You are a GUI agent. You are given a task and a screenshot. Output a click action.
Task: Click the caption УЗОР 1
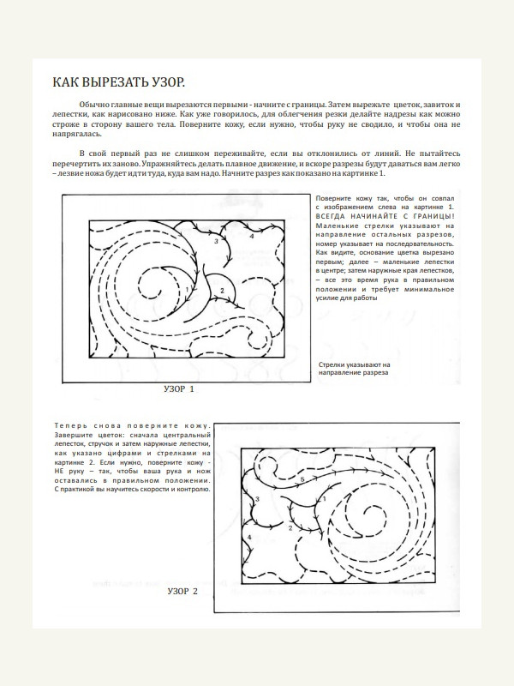point(179,389)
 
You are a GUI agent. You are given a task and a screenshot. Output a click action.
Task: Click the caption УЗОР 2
point(182,592)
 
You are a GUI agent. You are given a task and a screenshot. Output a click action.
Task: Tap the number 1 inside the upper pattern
point(186,289)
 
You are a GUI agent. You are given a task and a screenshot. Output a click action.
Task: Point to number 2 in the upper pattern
point(221,291)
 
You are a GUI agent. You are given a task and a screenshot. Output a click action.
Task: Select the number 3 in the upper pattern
point(216,242)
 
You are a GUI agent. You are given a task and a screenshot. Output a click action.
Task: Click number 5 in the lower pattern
point(302,480)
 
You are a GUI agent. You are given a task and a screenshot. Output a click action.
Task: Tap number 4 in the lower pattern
point(249,537)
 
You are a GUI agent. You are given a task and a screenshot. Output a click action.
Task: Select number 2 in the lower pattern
point(290,528)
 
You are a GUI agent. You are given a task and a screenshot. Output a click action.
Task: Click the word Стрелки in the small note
point(331,364)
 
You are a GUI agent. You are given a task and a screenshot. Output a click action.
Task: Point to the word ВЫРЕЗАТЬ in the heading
point(113,82)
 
